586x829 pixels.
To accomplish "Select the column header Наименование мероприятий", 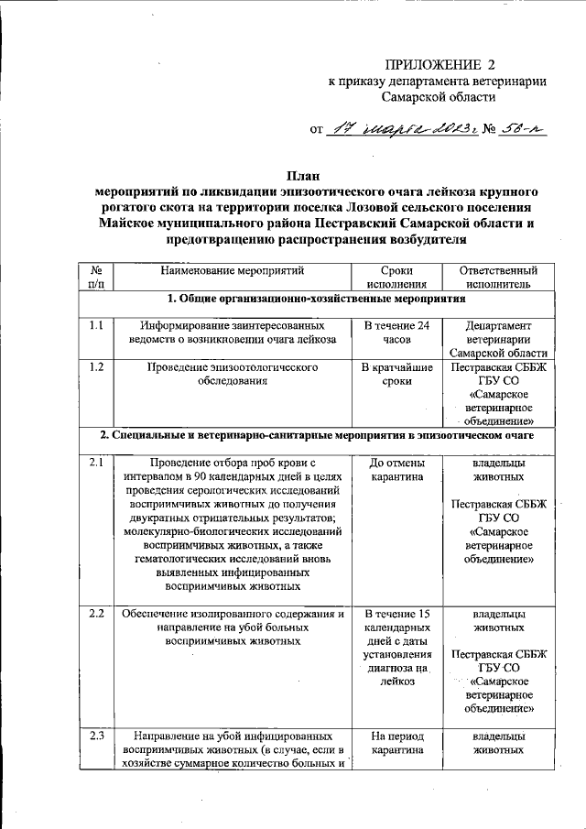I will [x=232, y=271].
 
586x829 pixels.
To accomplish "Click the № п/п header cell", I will [x=96, y=278].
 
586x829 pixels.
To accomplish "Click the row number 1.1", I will [x=96, y=325].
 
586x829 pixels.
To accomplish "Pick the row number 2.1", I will [x=96, y=463].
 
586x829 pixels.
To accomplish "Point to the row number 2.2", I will [x=96, y=613].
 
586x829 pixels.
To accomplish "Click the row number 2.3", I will [x=96, y=736].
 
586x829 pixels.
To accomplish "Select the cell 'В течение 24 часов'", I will [x=397, y=333].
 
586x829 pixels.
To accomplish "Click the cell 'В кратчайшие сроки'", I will [x=397, y=375].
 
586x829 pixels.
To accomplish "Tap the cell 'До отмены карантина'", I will [x=397, y=470].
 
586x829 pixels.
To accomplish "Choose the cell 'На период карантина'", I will [x=397, y=743].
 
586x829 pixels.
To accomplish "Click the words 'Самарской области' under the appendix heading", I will [x=439, y=96].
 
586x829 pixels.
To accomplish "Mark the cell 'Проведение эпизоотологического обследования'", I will [x=232, y=375].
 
